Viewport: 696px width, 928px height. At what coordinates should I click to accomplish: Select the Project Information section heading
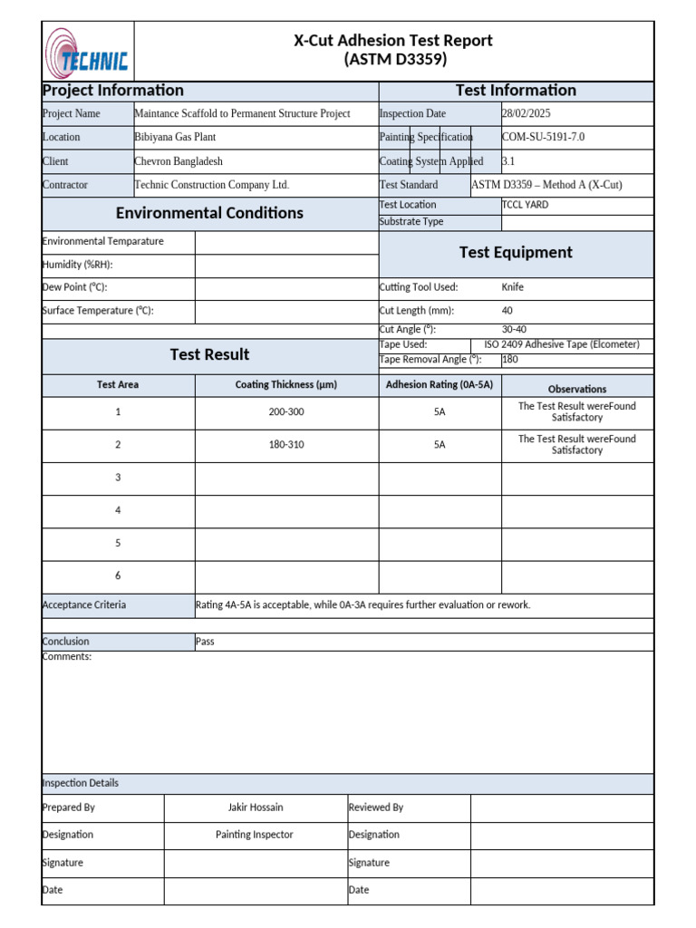113,91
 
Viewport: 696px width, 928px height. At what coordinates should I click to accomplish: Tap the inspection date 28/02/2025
526,114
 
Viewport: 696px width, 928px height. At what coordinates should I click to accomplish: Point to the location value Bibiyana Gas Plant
175,138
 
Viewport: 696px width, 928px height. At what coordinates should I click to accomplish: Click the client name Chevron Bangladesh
179,161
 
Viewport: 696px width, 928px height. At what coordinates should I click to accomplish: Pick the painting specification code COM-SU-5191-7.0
544,138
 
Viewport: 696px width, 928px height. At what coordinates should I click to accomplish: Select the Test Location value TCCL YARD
525,205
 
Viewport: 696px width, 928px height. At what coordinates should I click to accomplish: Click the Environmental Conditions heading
209,214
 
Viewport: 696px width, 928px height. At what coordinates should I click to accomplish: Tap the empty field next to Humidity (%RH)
286,266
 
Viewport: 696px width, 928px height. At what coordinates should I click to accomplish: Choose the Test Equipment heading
516,253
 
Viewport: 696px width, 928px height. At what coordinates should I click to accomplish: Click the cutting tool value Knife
513,288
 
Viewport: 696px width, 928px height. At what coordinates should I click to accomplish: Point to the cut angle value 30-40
514,330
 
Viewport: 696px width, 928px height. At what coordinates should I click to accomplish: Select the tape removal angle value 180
510,360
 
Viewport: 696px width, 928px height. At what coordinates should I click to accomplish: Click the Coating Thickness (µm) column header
286,385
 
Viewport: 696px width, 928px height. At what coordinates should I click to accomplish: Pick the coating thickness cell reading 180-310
286,445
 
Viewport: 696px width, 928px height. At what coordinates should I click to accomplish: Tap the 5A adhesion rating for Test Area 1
440,412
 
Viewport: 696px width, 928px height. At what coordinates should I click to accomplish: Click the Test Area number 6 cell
118,576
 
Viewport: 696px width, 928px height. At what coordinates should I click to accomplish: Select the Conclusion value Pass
205,642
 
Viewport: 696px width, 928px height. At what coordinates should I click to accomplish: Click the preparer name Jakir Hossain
256,807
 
